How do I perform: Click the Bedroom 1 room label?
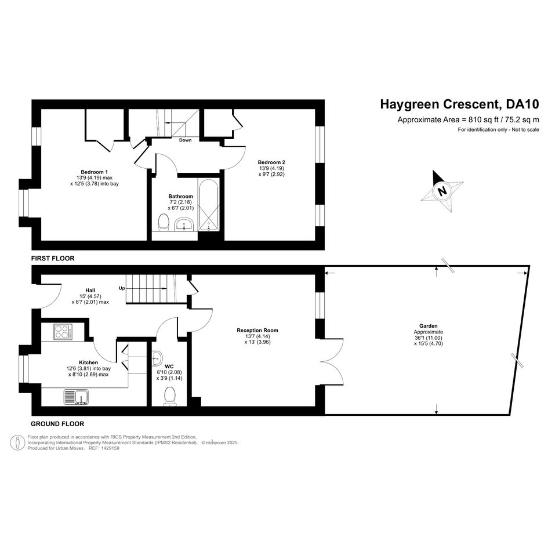point(94,172)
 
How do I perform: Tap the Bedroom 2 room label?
point(271,162)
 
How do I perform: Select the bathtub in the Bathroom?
point(209,205)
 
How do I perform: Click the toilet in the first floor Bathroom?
point(163,223)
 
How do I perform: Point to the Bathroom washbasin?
point(184,224)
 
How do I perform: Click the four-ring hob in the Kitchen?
point(63,332)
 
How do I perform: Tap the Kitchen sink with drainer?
point(76,397)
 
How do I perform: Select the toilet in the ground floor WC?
point(170,397)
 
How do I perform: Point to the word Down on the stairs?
point(185,140)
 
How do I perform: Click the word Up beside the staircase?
point(122,288)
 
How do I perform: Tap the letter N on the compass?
point(442,191)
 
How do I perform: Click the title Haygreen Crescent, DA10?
point(460,104)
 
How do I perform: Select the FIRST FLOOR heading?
point(53,258)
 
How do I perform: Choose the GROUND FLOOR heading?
point(57,424)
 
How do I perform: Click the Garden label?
point(428,326)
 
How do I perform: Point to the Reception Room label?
point(257,331)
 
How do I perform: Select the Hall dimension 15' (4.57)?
point(90,296)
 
